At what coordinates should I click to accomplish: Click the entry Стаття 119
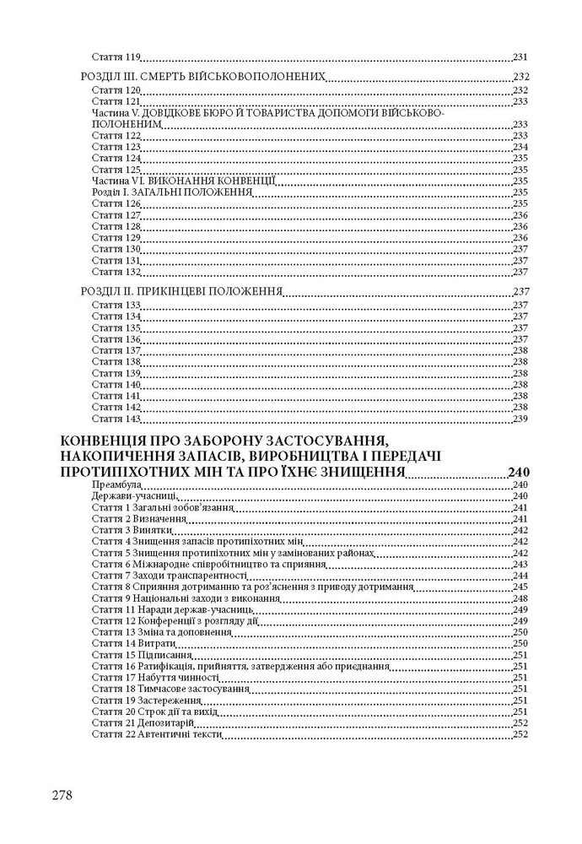pos(115,57)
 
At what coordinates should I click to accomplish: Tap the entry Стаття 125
pos(115,169)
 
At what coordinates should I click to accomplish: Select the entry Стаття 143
pos(115,419)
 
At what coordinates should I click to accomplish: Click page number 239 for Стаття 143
pos(520,419)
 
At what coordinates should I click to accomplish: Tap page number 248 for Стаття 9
pos(520,598)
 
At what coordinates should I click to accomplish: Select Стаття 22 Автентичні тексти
pos(156,734)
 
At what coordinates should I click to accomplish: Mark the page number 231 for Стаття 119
pos(520,57)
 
